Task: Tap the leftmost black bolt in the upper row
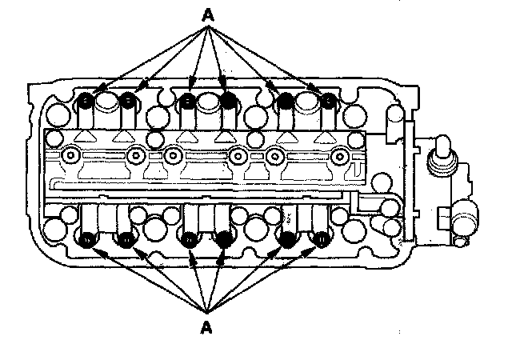click(86, 101)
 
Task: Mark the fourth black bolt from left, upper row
click(229, 101)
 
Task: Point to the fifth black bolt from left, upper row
click(284, 101)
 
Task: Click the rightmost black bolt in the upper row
click(326, 101)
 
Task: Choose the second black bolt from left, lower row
click(126, 238)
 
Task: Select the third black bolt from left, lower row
click(189, 238)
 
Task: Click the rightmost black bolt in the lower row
click(323, 238)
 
